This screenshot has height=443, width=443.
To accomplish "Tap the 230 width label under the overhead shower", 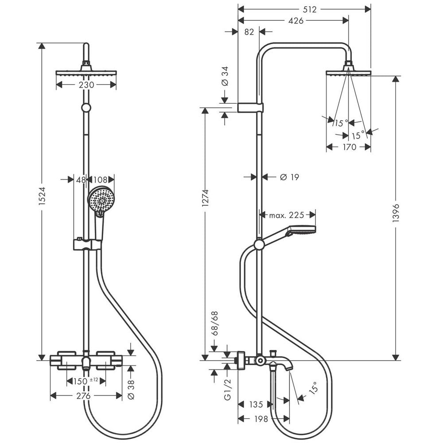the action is [x=86, y=85].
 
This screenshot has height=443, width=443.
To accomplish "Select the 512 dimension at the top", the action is [x=310, y=10].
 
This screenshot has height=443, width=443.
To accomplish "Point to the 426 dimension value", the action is [x=296, y=21].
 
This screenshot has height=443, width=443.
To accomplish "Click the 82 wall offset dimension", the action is [x=249, y=32].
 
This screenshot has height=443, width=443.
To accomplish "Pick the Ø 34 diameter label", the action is [x=225, y=76].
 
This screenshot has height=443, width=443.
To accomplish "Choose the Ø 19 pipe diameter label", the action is [x=289, y=177].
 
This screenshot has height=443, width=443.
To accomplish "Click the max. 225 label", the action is [x=287, y=215].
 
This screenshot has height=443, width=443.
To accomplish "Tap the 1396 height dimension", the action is [x=396, y=213].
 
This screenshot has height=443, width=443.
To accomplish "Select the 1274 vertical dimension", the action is [x=206, y=198].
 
